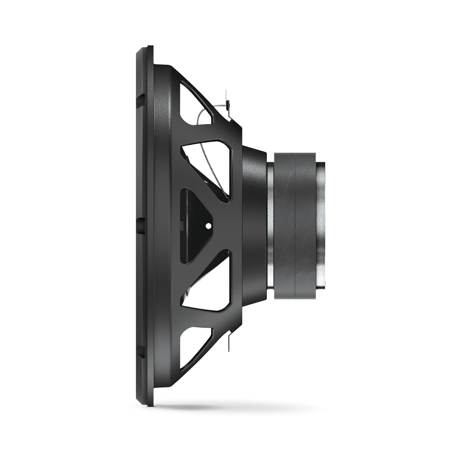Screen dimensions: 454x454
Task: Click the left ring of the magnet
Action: point(284,223)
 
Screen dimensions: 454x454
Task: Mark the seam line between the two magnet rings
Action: point(294,223)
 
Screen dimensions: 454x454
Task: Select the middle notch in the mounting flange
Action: point(140,223)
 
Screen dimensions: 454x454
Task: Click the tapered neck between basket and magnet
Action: point(253,223)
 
